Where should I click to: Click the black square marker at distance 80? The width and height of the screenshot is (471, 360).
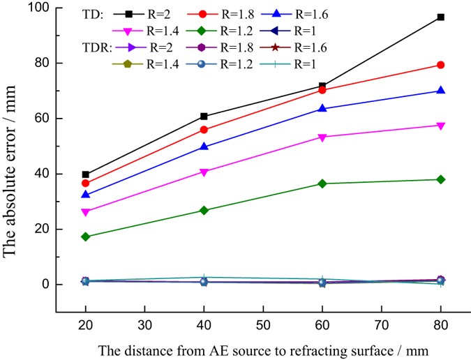click(440, 17)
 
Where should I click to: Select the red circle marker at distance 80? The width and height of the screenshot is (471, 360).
click(440, 65)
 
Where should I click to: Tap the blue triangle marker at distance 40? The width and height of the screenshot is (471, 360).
click(204, 147)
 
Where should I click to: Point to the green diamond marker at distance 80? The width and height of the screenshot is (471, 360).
click(440, 179)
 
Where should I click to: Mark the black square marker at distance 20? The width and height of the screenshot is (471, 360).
click(85, 174)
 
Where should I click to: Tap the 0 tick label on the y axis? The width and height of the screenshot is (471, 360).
click(45, 285)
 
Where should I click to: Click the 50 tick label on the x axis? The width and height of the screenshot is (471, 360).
click(262, 325)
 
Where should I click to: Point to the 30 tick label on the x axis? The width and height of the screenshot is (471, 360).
click(144, 325)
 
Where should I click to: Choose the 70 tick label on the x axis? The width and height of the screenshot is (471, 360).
click(381, 325)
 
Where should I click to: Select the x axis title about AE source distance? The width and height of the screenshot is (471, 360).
click(262, 348)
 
